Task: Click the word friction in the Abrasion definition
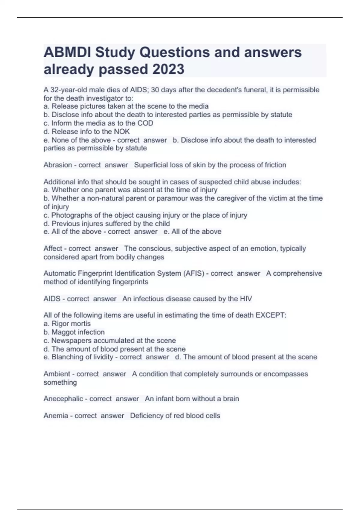tap(275, 165)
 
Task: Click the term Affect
tap(53, 249)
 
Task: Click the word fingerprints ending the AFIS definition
tap(130, 282)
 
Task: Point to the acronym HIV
tap(246, 299)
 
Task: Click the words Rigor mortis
tap(71, 324)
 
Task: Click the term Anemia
tap(56, 416)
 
